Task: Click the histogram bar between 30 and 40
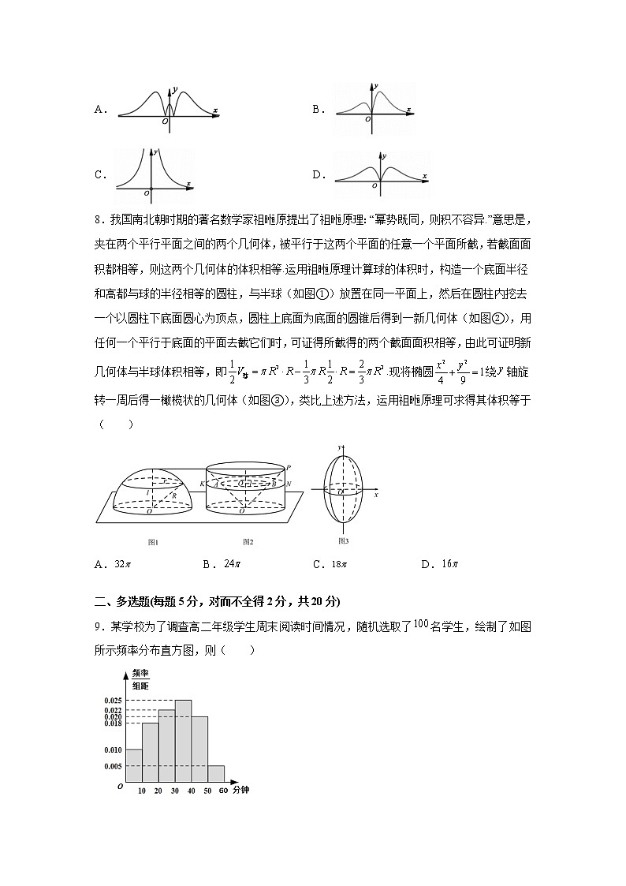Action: tap(183, 742)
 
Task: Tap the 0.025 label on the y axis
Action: tap(112, 701)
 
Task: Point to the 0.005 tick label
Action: tap(112, 766)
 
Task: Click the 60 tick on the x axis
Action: tap(223, 791)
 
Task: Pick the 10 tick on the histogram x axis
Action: tap(141, 791)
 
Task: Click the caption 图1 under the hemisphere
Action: tap(154, 542)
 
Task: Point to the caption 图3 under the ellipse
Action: tap(343, 540)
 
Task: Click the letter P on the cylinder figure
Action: tap(289, 468)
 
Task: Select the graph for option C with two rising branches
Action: tap(154, 170)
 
